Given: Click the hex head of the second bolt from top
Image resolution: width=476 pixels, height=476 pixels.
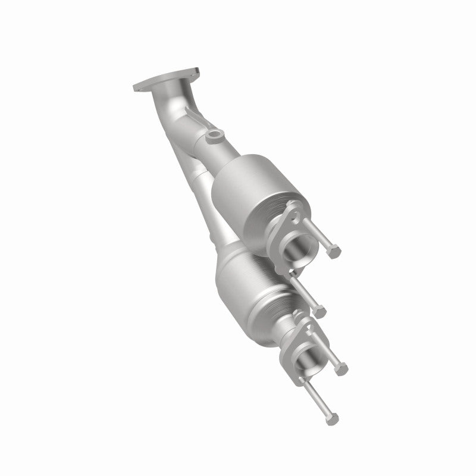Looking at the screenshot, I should (322, 310).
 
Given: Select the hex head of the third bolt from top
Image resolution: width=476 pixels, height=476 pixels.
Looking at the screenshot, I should (341, 369).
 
